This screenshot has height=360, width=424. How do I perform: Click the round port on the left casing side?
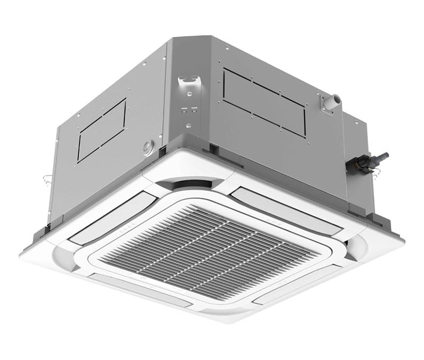[x=148, y=147]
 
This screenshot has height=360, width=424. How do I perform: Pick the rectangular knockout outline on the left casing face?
[x=102, y=129]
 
